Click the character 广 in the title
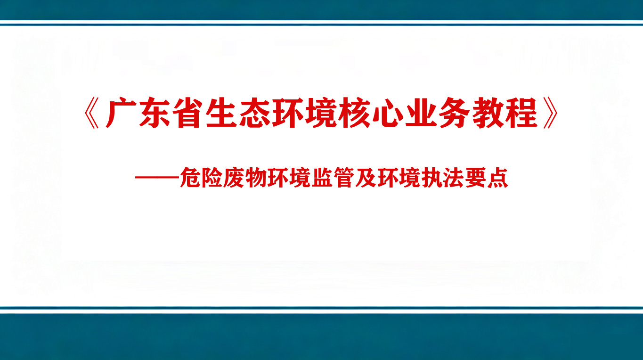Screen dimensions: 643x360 tap(121, 113)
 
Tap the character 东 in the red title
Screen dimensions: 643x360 tap(155, 113)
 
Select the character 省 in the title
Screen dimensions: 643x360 tap(188, 113)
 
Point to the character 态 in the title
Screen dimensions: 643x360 tap(255, 113)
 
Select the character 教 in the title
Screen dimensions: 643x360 tap(488, 113)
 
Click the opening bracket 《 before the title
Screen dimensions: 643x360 tap(92, 113)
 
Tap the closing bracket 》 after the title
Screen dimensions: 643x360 tap(551, 113)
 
